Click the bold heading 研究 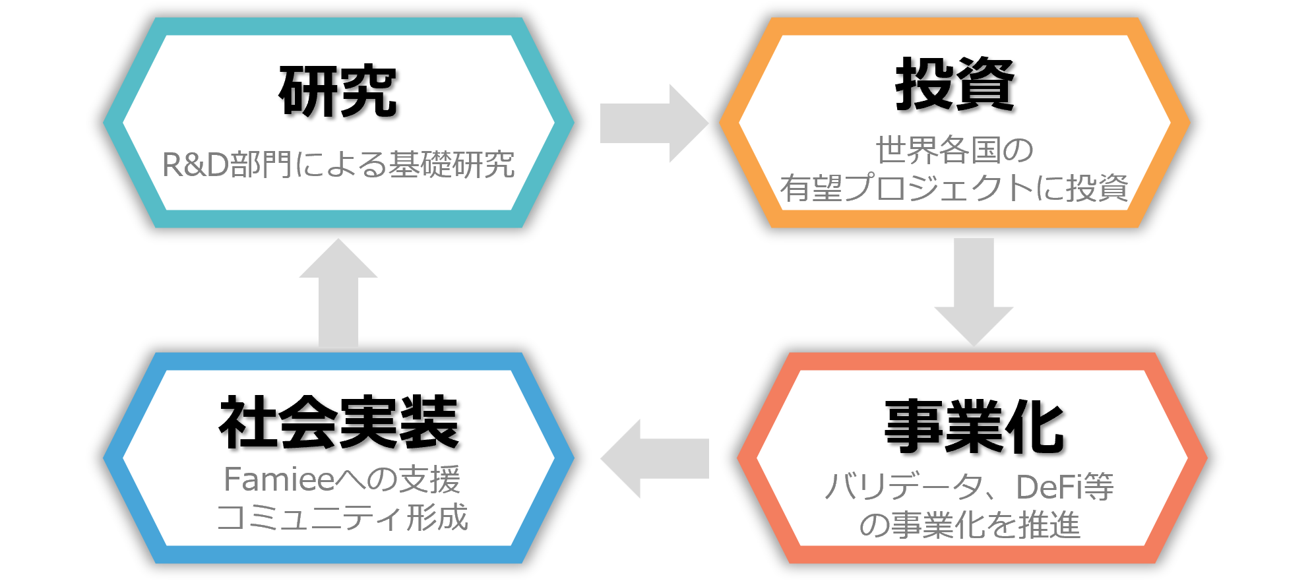[x=338, y=92]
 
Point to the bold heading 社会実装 [x=338, y=423]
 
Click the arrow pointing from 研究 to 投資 [x=653, y=123]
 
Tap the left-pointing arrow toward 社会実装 [x=653, y=458]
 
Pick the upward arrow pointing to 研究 [x=338, y=293]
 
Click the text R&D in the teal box [x=195, y=165]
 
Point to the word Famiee [x=280, y=479]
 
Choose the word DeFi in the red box [x=1048, y=487]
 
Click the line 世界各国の [x=954, y=150]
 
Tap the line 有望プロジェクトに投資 [x=954, y=188]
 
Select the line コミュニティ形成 [x=342, y=518]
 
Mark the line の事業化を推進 [x=970, y=526]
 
